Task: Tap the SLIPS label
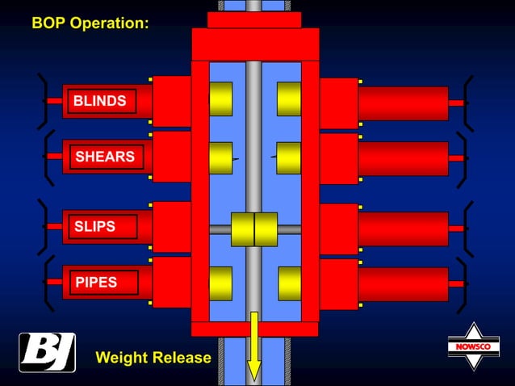tap(95, 227)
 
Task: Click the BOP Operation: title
tap(90, 23)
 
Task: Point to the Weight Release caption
tap(153, 357)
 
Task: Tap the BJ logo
tap(47, 352)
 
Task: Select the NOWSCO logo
tap(474, 347)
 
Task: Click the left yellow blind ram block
tap(220, 99)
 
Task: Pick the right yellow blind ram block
tap(288, 99)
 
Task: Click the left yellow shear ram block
tap(220, 157)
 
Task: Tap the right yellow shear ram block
tap(288, 157)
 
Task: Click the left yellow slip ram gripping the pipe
tap(242, 229)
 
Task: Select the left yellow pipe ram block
tap(220, 283)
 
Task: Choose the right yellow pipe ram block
tap(289, 283)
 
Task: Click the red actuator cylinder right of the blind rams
tap(403, 103)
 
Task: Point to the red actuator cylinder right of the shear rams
tap(403, 158)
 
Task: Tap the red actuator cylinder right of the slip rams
tap(403, 229)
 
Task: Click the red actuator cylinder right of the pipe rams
tap(403, 283)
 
